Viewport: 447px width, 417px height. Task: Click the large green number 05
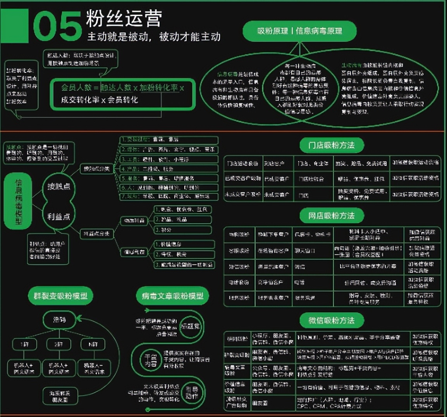(57, 26)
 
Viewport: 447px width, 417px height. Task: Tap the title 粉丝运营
(124, 18)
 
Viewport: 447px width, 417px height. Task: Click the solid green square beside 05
(14, 26)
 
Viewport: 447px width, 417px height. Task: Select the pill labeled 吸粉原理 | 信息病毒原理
(299, 31)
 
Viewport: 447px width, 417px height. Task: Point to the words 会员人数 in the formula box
(76, 88)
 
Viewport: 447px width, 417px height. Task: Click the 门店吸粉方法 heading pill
(332, 146)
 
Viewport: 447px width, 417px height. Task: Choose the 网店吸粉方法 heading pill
(332, 216)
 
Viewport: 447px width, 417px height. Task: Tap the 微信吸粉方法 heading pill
(332, 321)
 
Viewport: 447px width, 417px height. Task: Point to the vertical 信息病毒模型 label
(18, 202)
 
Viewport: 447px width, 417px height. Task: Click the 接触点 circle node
(58, 187)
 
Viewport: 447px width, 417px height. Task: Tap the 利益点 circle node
(58, 216)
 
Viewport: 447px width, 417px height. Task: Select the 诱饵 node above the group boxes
(60, 320)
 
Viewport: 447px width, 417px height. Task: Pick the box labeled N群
(93, 344)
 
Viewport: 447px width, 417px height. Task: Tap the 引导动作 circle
(191, 392)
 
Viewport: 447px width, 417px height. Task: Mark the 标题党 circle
(191, 327)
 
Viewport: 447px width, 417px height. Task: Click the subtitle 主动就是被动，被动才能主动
(154, 37)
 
